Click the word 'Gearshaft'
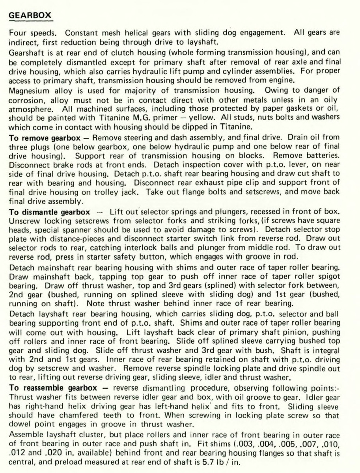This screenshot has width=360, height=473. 26,51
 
